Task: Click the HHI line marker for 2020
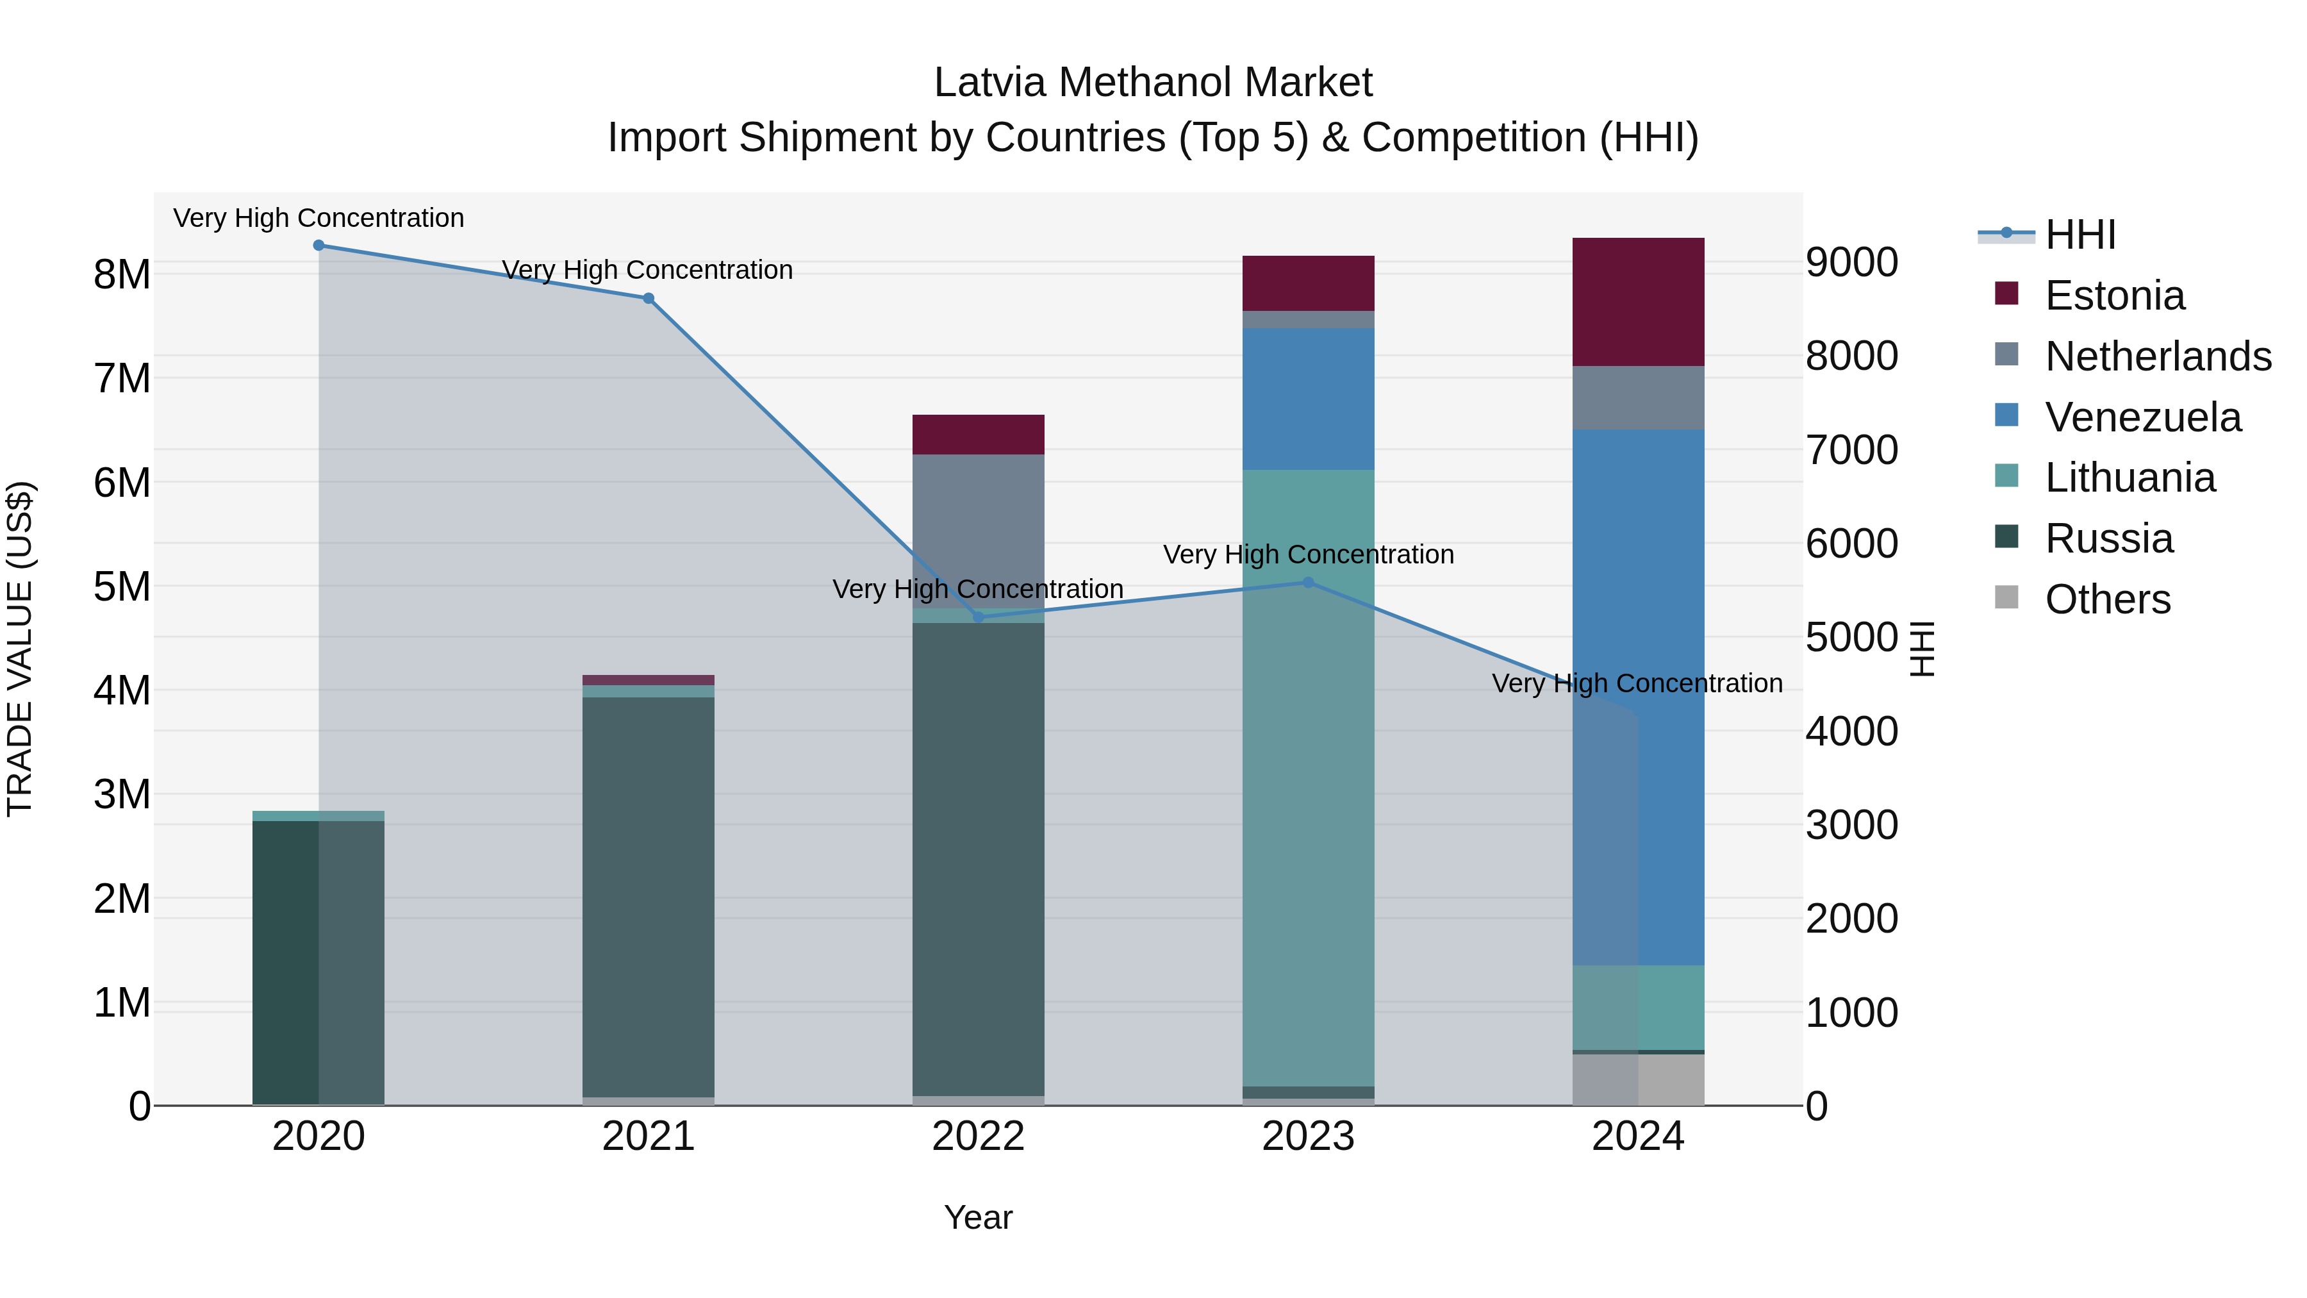pos(319,245)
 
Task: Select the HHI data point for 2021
pos(649,298)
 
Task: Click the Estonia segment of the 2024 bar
pos(1638,302)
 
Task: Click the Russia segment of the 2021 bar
pos(649,896)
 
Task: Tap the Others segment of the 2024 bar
pos(1638,1079)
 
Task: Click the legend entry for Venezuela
pos(2142,417)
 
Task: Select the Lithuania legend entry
pos(2129,478)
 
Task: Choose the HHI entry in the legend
pos(2080,235)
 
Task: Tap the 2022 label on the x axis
pos(978,1136)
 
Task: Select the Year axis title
pos(978,1217)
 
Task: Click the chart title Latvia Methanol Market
pos(1153,83)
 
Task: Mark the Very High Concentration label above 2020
pos(319,218)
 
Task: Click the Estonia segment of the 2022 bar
pos(978,435)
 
